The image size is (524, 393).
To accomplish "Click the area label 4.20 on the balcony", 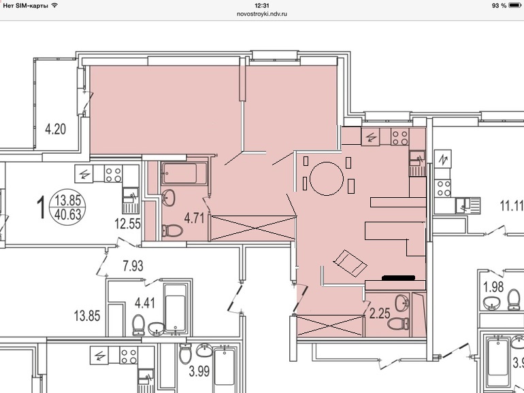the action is tap(56, 129).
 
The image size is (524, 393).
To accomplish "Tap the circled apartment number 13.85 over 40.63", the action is tap(68, 207).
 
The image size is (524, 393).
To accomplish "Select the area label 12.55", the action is tap(127, 224).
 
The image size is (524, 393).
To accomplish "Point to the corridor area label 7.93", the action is tap(133, 266).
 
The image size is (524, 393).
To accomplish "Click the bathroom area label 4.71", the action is tap(194, 218).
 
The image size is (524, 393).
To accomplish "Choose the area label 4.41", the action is tap(145, 303).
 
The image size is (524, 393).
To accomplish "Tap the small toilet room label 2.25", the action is tap(380, 313).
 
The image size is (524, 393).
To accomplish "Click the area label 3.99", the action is tap(199, 371).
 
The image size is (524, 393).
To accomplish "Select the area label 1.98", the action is tap(493, 287).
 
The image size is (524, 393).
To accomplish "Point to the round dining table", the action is tap(327, 178).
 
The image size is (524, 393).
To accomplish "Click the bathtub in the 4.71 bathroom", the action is tap(184, 173).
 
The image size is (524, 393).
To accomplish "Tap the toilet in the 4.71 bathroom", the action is tap(172, 230).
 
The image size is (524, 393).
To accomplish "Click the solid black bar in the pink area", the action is tap(398, 277).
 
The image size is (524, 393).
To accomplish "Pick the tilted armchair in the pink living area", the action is tap(350, 263).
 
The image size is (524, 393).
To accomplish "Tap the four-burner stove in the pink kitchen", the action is tap(400, 137).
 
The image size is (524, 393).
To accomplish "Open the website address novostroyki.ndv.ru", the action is tap(262, 14).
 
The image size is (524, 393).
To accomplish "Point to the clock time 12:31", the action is tap(262, 5).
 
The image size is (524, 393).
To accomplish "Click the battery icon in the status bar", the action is tap(514, 5).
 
